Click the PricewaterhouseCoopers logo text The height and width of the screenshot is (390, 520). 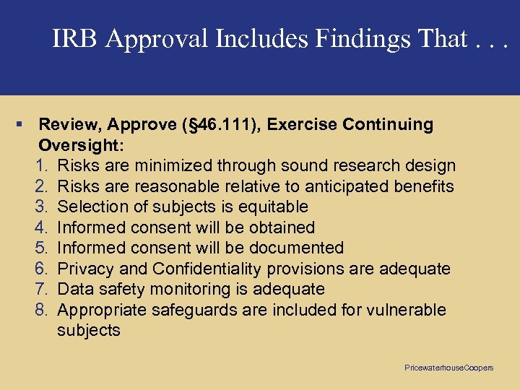click(448, 368)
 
